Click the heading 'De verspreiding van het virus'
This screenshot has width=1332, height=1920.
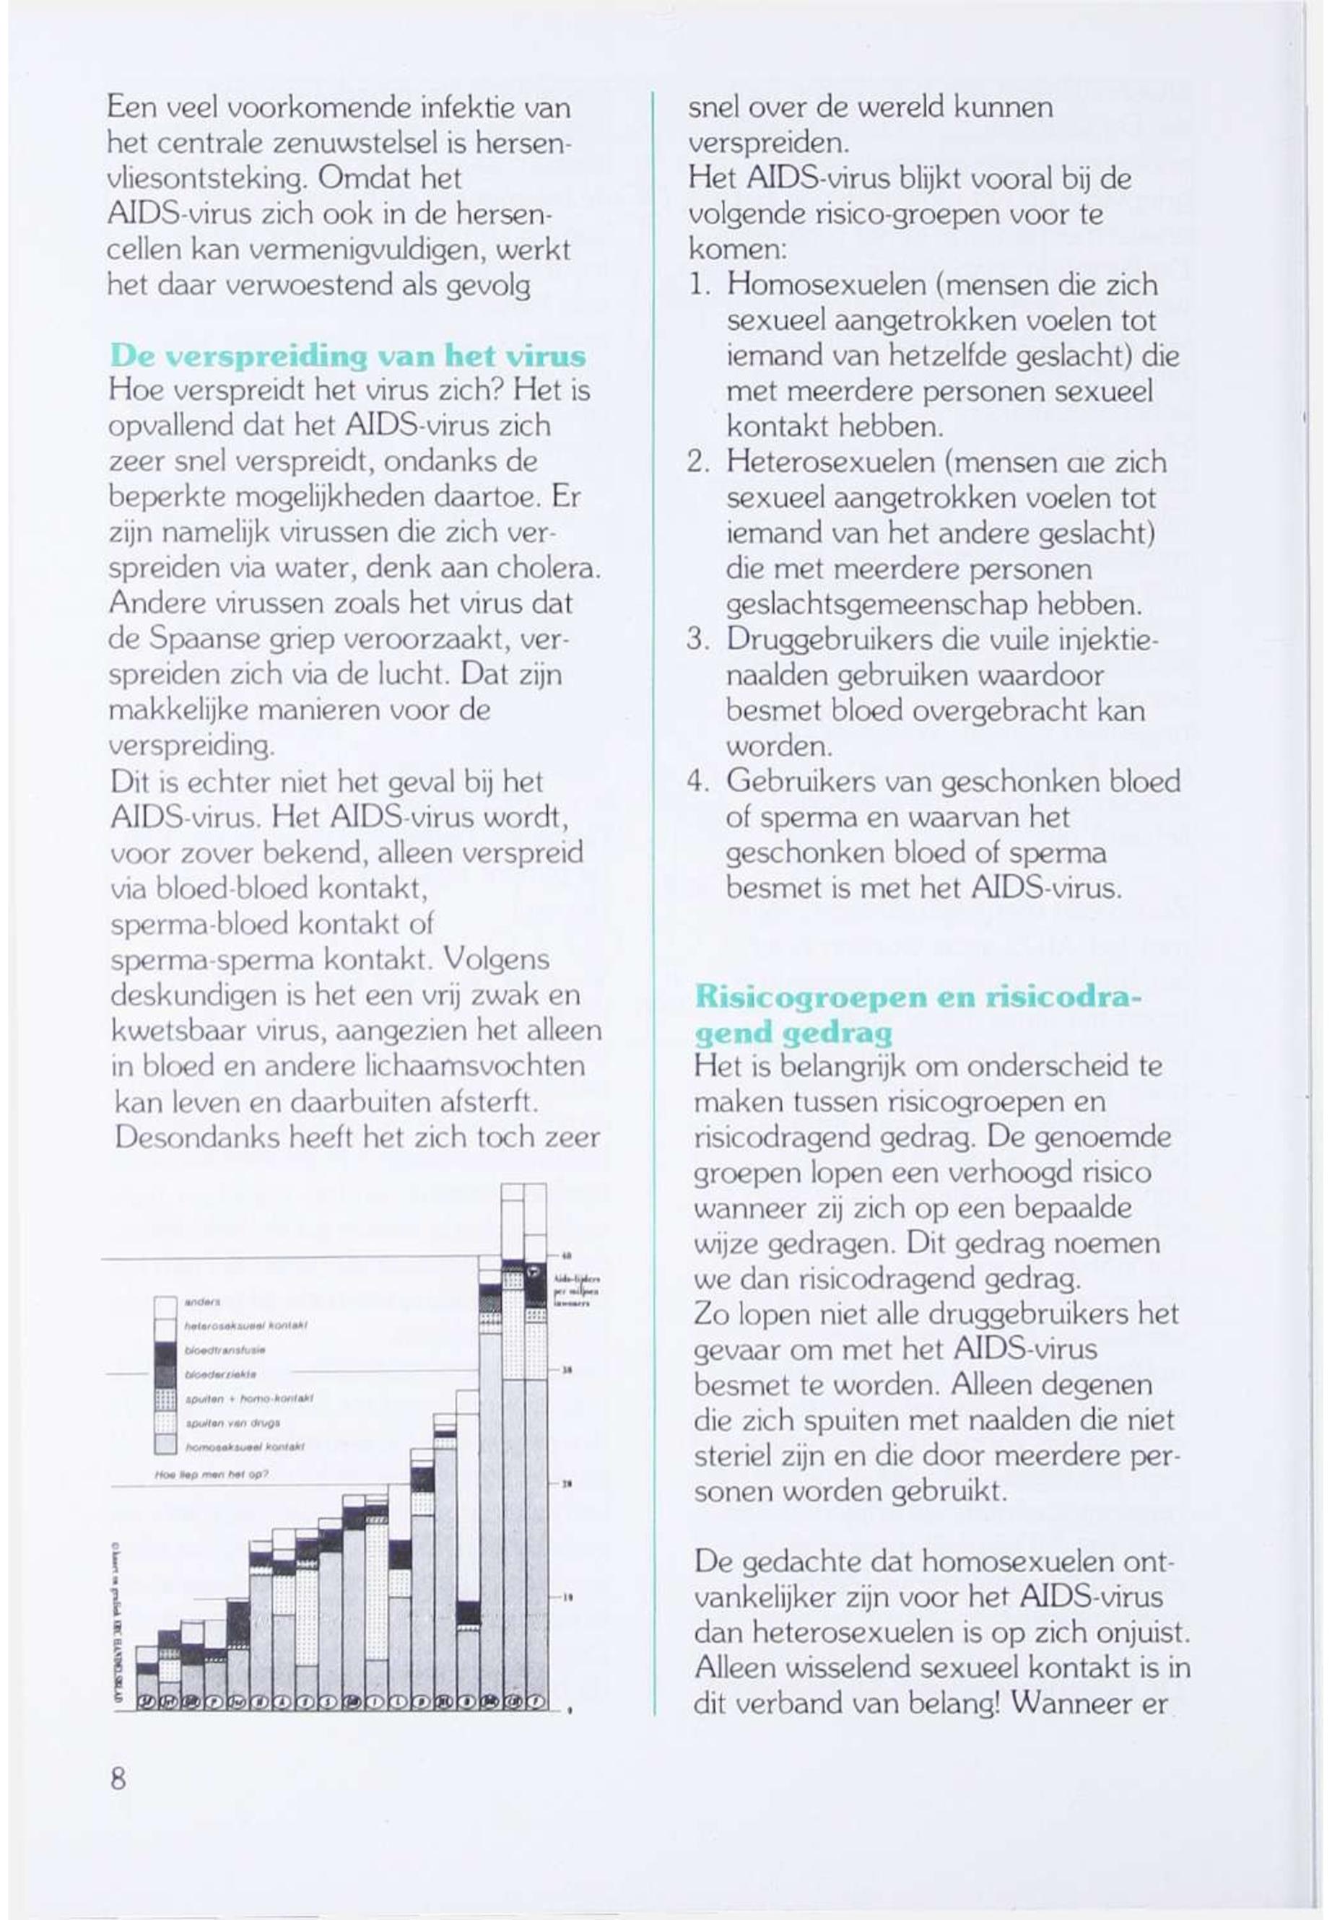coord(347,357)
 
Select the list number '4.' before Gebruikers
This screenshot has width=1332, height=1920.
coord(697,782)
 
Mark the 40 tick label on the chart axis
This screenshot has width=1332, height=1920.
coord(565,1257)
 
